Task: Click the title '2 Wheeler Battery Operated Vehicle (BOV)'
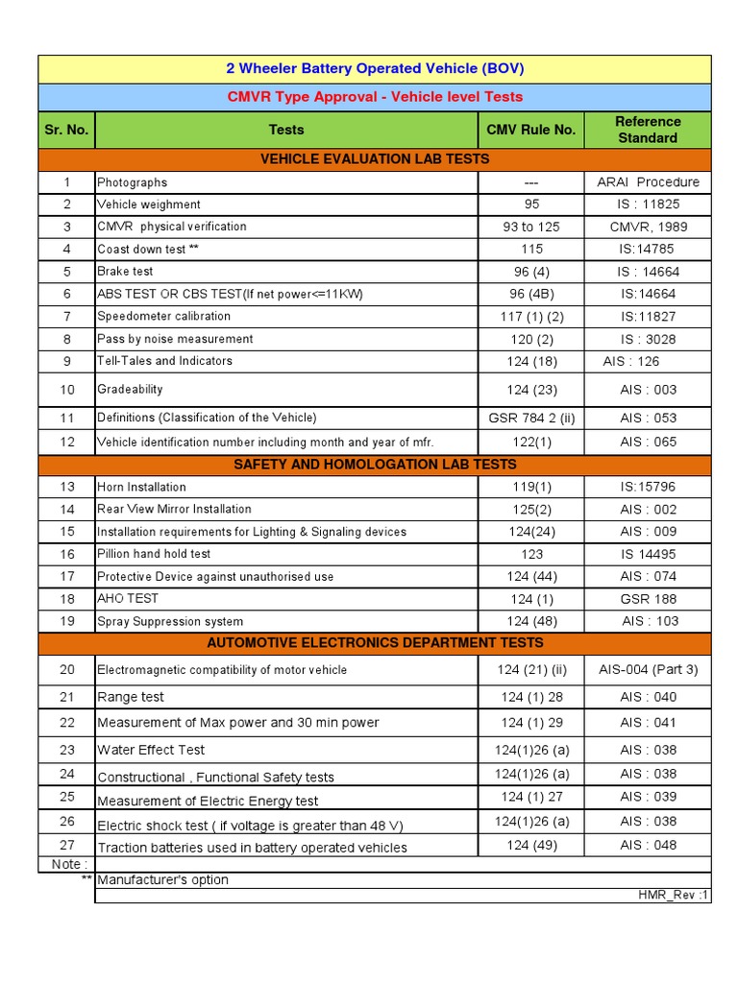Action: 375,69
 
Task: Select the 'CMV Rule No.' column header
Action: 531,130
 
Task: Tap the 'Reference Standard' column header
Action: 647,130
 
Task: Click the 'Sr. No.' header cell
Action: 66,130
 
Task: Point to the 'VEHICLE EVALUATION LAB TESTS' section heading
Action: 375,158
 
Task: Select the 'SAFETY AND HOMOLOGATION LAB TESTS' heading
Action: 375,464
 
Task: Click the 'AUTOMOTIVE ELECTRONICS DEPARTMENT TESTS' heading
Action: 375,642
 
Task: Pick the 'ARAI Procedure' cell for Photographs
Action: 648,182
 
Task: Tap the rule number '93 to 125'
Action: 531,227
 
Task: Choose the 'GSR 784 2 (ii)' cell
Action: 531,418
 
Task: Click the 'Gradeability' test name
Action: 130,389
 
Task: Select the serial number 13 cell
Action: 67,487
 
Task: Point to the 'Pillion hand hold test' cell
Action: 154,554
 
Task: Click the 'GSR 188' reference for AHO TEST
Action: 648,599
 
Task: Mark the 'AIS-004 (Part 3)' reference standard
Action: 648,670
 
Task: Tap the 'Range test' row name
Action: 131,697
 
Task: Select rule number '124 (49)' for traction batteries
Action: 531,845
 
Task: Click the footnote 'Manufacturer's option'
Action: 162,879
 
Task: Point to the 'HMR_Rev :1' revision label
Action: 674,895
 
